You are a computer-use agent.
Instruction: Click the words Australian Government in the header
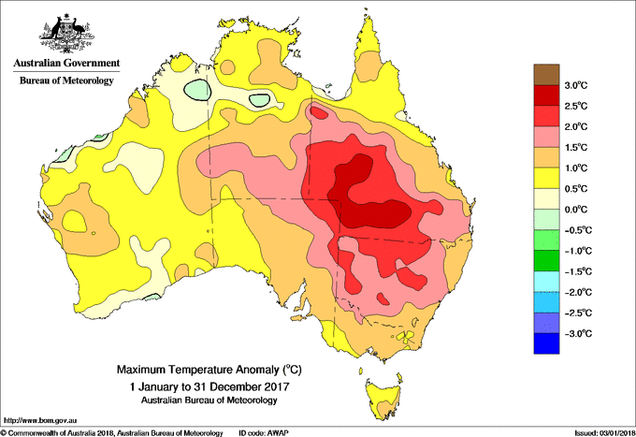66,65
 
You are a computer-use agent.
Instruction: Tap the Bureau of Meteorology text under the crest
66,81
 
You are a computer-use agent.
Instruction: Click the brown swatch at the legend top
546,74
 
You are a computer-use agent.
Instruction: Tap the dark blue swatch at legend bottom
546,344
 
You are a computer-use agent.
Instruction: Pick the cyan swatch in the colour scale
546,283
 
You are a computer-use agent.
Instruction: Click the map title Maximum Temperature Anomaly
208,370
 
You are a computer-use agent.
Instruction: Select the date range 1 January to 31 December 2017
208,386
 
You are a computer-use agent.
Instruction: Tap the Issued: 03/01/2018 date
602,432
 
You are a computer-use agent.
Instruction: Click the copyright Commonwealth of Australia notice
112,432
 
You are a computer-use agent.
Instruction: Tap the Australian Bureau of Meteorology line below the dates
208,401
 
